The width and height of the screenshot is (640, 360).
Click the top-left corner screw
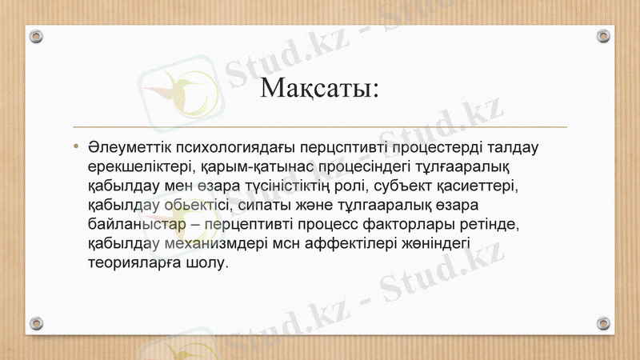pos(36,37)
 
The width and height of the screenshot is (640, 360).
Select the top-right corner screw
pos(604,37)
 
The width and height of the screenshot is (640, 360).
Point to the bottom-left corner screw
pos(36,323)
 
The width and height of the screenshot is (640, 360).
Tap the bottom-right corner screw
pos(604,323)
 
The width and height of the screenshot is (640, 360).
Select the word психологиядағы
pos(236,148)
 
